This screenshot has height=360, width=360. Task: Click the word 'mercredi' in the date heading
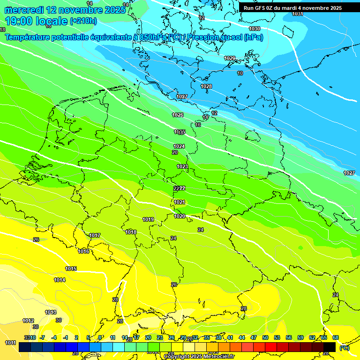coord(24,10)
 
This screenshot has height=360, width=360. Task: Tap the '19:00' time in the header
coord(19,21)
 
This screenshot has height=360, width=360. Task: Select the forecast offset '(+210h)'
coord(83,21)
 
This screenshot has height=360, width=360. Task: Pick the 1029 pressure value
coord(230,58)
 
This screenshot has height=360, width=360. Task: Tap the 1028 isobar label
coord(206,86)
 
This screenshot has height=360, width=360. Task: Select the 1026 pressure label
coord(178,115)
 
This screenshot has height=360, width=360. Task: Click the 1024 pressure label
coord(179,146)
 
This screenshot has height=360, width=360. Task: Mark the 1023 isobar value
coord(182,166)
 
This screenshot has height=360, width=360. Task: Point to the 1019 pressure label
coord(148,219)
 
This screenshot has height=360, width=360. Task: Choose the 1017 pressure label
coord(95,235)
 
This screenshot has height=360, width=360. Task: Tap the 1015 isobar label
coord(71,269)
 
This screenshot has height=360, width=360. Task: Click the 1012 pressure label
coord(28,321)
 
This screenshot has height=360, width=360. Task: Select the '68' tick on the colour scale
coord(336,337)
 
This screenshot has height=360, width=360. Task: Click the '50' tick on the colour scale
coord(265,337)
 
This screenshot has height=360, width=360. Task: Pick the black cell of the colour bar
coord(330,347)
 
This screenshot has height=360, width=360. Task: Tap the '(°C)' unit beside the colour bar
coord(344,347)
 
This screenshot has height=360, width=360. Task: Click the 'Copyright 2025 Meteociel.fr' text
coord(199,356)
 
